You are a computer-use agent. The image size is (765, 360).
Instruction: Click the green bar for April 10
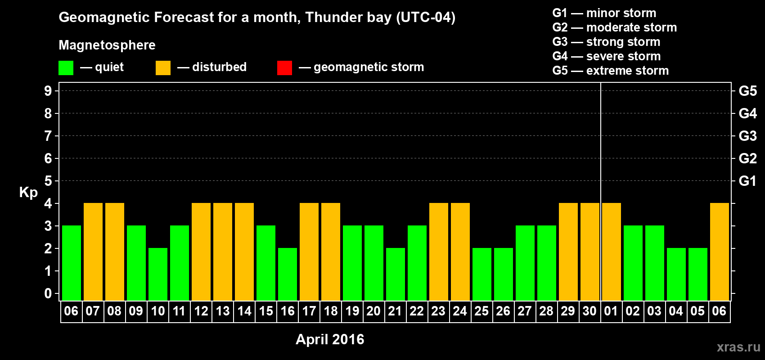point(158,274)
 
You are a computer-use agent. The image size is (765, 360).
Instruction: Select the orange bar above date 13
point(223,252)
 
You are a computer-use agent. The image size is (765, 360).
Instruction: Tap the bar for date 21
point(396,274)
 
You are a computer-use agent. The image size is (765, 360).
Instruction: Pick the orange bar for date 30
point(590,252)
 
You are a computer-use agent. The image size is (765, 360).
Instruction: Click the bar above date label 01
point(611,252)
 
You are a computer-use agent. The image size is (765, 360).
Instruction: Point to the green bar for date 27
point(525,263)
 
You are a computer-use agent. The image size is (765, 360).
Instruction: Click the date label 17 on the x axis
point(309,311)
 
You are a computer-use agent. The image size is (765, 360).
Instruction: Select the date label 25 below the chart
point(481,311)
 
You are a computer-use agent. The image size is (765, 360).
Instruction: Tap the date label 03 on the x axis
point(654,311)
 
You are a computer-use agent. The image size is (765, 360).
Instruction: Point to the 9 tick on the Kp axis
point(48,91)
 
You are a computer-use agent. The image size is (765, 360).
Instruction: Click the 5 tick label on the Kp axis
point(48,181)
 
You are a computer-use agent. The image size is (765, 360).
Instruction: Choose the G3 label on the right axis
point(747,136)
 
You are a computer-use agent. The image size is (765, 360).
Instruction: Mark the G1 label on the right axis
point(747,181)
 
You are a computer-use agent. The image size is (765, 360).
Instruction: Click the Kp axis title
point(28,193)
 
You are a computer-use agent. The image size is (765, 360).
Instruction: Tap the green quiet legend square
point(66,67)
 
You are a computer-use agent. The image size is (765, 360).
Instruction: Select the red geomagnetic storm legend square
point(285,67)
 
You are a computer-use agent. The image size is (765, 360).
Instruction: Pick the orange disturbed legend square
point(163,67)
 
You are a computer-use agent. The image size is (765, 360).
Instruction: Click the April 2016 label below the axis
point(330,339)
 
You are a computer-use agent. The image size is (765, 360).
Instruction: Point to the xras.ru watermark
point(739,347)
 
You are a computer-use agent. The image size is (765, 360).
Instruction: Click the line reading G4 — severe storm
point(607,56)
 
